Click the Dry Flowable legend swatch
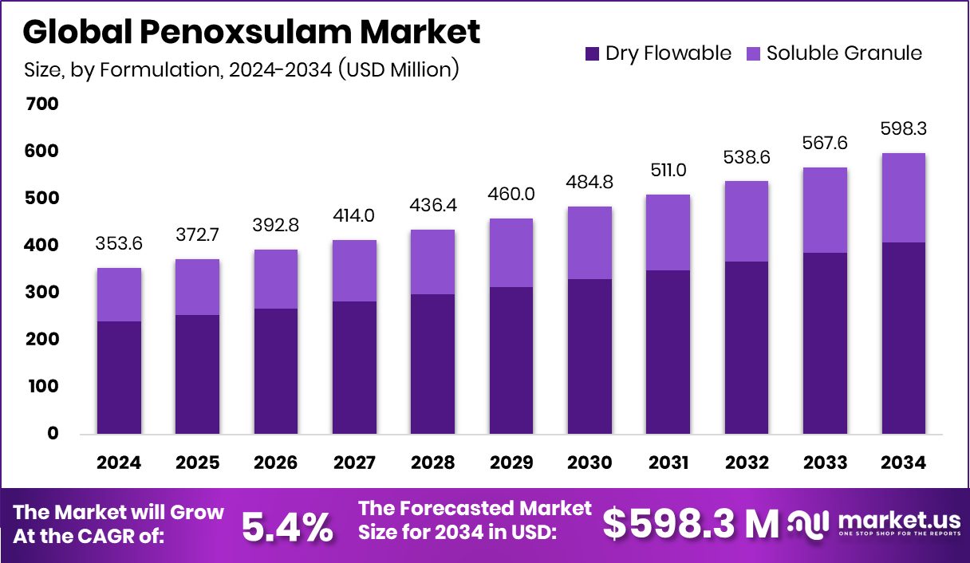[x=592, y=54]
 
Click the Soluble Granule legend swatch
[x=753, y=54]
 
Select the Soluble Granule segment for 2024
[x=120, y=294]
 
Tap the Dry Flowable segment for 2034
[x=905, y=338]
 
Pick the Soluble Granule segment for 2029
[x=511, y=253]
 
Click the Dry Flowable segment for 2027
[x=354, y=368]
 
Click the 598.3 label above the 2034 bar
[x=905, y=128]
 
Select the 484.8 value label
[x=590, y=182]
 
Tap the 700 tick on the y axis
[x=41, y=104]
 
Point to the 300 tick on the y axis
[x=41, y=293]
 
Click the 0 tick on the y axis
[x=53, y=434]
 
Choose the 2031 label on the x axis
[x=668, y=463]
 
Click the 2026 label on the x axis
[x=276, y=463]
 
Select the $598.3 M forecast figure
[x=690, y=525]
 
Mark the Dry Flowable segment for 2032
[x=747, y=348]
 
